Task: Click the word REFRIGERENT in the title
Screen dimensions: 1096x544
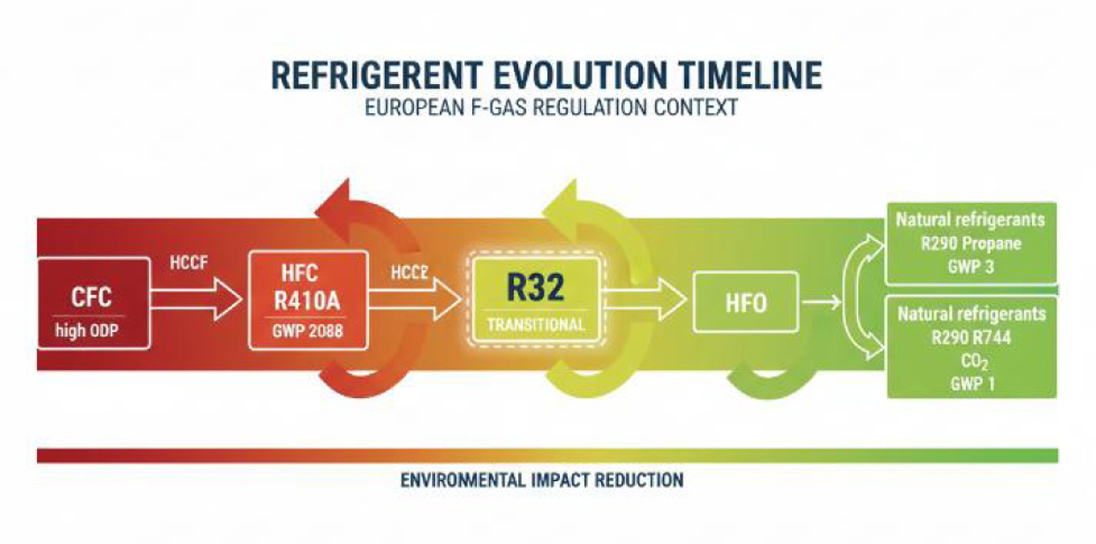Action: click(376, 76)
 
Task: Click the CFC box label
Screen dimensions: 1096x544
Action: click(92, 297)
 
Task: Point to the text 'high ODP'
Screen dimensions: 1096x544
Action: click(87, 330)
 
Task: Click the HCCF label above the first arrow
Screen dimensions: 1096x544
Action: click(189, 262)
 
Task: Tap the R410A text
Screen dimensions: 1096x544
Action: click(307, 301)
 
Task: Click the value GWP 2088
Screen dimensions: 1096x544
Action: click(307, 331)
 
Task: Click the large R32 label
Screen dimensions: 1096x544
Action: click(536, 287)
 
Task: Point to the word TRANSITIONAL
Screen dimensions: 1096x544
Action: click(536, 324)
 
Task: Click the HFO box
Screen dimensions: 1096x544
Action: click(746, 302)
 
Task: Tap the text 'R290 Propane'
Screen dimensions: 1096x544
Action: click(971, 244)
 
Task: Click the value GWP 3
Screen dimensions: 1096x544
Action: click(970, 267)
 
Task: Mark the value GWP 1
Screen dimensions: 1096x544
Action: click(972, 384)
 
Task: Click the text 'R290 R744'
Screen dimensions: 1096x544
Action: click(971, 338)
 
